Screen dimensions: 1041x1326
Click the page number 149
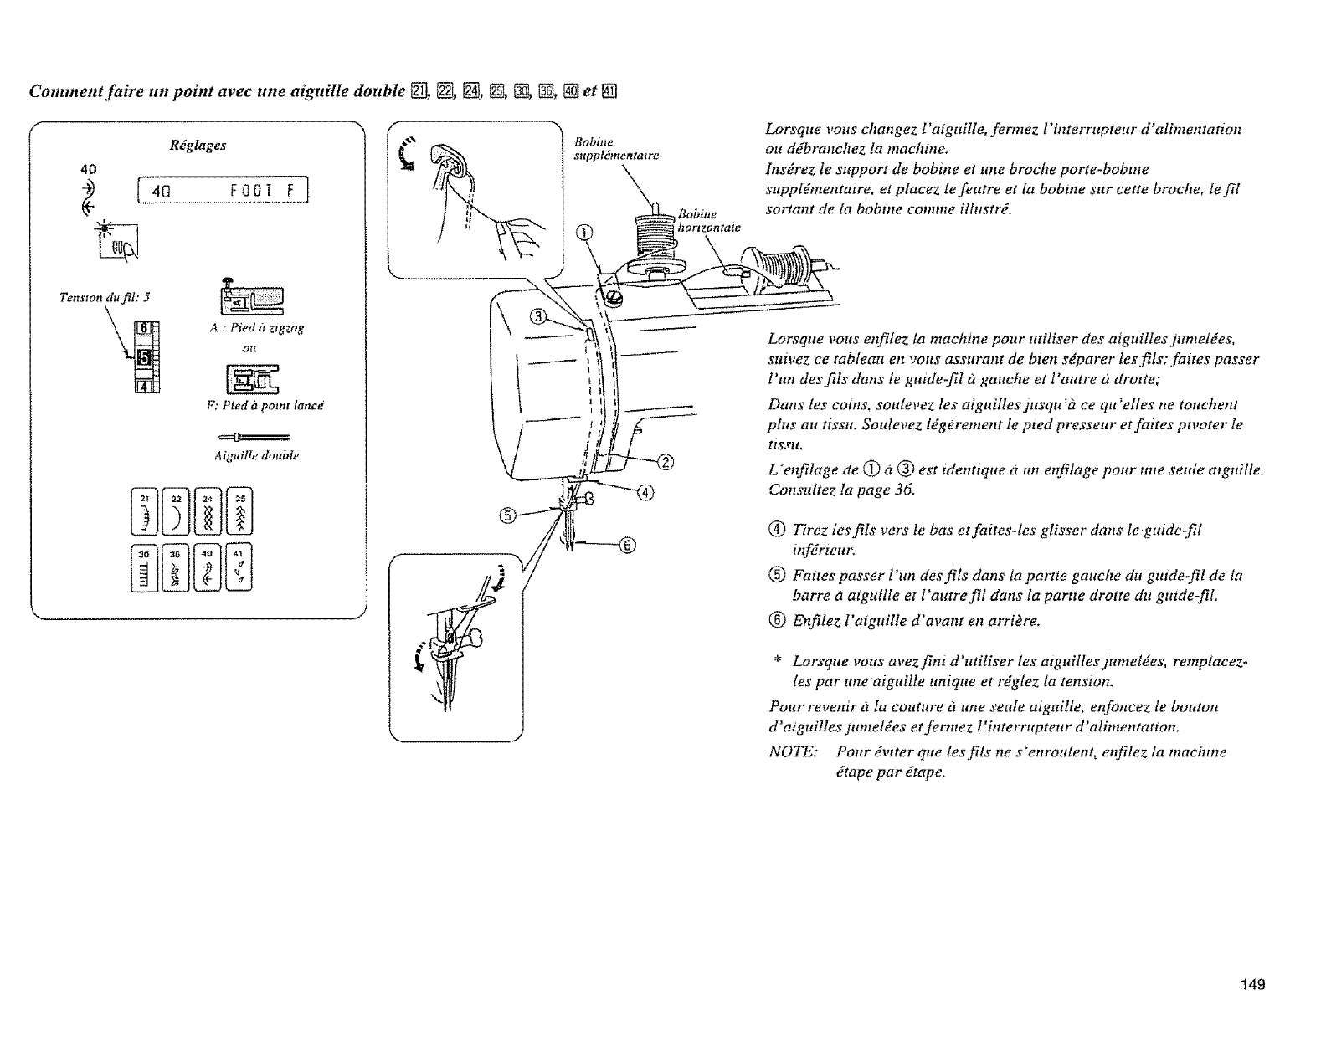coord(1252,984)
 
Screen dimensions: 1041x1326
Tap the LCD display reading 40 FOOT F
coord(222,192)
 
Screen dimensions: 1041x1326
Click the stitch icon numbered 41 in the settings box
coord(240,567)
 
